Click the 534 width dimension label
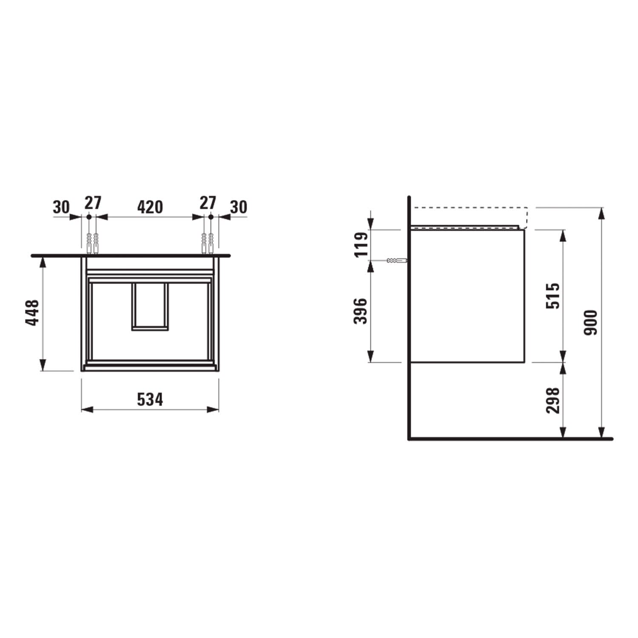pyautogui.click(x=150, y=399)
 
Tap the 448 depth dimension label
pyautogui.click(x=33, y=313)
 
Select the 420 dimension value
pyautogui.click(x=150, y=207)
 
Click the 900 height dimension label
pyautogui.click(x=591, y=322)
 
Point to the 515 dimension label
pyautogui.click(x=553, y=296)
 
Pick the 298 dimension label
pyautogui.click(x=553, y=400)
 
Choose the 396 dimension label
pyautogui.click(x=360, y=311)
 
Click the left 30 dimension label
pyautogui.click(x=61, y=207)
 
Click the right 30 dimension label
pyautogui.click(x=238, y=207)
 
